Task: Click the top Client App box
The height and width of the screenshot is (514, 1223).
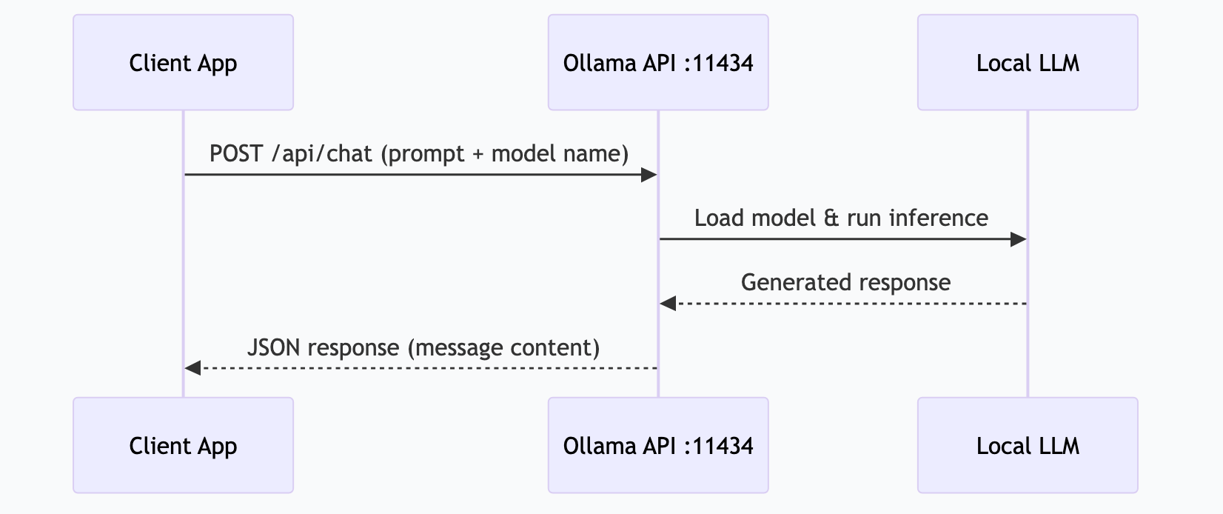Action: click(x=183, y=63)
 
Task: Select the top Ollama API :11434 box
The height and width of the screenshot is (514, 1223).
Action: click(x=657, y=63)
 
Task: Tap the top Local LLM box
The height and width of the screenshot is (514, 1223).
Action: click(x=1027, y=63)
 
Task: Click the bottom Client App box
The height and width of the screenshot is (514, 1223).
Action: click(x=183, y=445)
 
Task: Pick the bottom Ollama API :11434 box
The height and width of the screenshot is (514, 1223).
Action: click(x=657, y=445)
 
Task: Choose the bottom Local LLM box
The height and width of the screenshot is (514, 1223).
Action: click(x=1027, y=445)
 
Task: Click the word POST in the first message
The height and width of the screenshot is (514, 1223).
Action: click(x=235, y=154)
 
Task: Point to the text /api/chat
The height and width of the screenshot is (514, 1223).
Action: click(x=322, y=154)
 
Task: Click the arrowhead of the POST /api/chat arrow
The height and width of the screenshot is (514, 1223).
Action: click(x=649, y=175)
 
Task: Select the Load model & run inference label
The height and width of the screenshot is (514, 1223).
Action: click(x=841, y=218)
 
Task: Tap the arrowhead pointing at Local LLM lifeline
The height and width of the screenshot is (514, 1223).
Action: click(x=1019, y=239)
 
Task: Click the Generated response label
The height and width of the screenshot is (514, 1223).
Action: click(x=845, y=283)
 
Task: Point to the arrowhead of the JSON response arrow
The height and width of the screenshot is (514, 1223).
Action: click(x=192, y=368)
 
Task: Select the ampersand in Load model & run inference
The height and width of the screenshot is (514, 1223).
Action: click(x=831, y=218)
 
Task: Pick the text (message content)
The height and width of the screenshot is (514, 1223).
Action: click(x=503, y=347)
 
